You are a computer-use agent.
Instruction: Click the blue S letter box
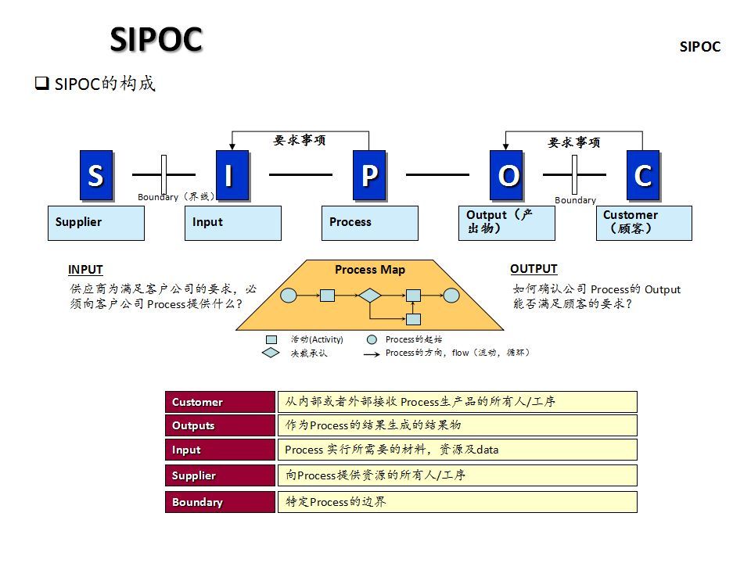coord(95,175)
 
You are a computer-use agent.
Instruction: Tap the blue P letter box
coord(369,175)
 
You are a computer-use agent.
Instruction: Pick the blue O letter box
coord(506,175)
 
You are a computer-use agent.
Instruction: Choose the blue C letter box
coord(642,175)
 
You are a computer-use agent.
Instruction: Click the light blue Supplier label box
coord(96,223)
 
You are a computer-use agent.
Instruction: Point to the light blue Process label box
coord(370,223)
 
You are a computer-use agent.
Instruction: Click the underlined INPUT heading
coord(85,270)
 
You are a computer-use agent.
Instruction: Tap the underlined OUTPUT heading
coord(534,269)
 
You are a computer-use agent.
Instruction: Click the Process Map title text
coord(370,270)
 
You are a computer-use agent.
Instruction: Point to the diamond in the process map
coord(369,296)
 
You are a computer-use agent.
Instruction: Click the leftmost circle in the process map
coord(289,296)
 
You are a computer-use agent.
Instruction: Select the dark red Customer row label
coord(220,402)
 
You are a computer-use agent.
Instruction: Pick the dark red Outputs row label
coord(220,425)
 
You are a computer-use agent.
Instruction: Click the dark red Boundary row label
coord(220,502)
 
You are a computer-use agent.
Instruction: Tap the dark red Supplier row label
coord(220,475)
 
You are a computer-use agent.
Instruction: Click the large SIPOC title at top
coord(156,39)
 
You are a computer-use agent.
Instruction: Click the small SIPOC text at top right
coord(699,47)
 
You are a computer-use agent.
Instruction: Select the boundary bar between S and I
coord(164,174)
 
